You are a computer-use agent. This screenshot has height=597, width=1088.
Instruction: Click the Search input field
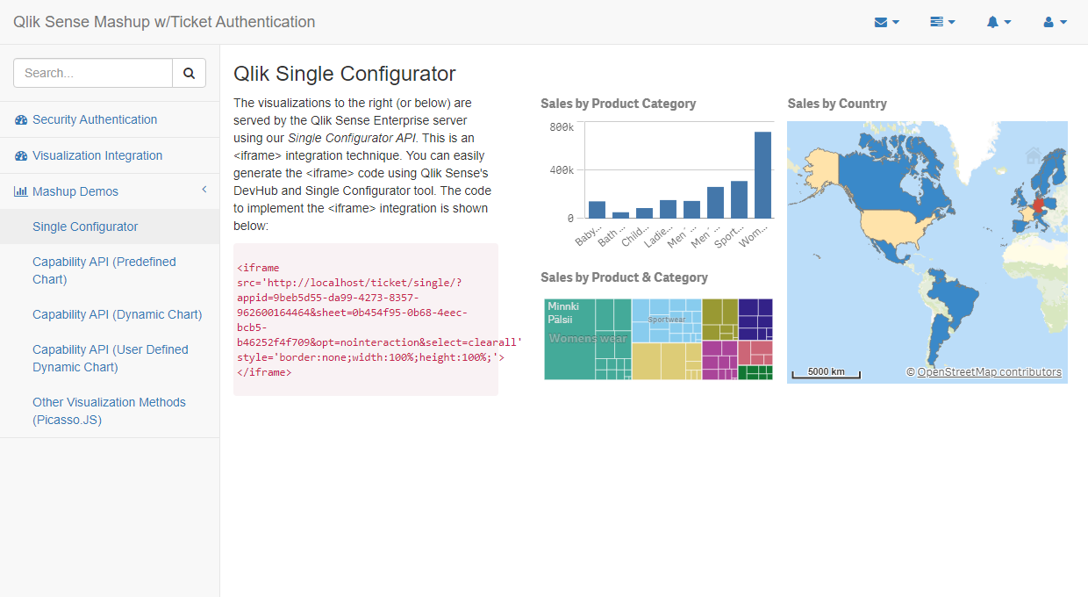[93, 74]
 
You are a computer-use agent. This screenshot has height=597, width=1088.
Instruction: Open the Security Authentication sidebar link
[95, 119]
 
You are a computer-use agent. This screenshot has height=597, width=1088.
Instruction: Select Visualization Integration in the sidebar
[97, 155]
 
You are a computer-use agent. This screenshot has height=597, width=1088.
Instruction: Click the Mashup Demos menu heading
[75, 191]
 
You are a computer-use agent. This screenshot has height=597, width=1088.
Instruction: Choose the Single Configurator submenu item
[85, 227]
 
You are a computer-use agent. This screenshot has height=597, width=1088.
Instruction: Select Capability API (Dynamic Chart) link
[117, 314]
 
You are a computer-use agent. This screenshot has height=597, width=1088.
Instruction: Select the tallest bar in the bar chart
[762, 175]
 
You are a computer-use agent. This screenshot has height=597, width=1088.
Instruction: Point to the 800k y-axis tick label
[562, 127]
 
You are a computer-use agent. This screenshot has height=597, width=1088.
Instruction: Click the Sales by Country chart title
[837, 104]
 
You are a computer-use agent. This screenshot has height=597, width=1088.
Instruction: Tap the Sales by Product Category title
[618, 104]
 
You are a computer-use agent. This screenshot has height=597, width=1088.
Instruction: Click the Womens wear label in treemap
[588, 338]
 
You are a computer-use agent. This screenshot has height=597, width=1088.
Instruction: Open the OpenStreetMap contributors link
[989, 372]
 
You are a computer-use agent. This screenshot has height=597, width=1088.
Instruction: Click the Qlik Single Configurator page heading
[345, 74]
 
